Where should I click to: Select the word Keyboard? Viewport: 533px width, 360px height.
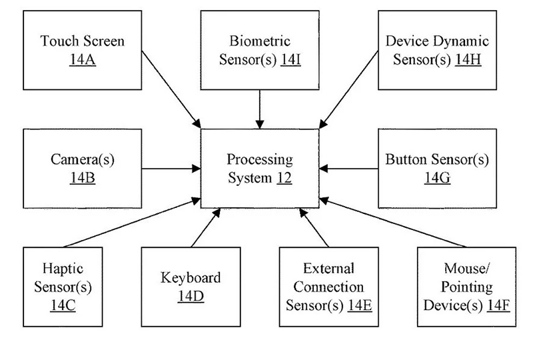[x=191, y=277]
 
